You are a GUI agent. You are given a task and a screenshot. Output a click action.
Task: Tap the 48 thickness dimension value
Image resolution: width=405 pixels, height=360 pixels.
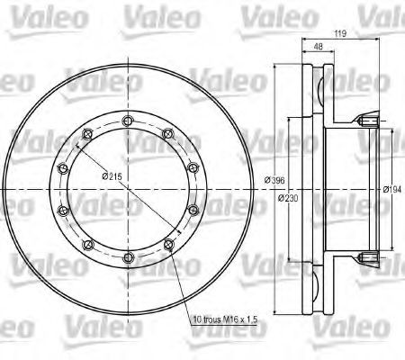tap(319, 49)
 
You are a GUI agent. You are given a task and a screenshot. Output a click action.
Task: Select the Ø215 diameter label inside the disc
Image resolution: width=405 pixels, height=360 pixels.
tap(114, 177)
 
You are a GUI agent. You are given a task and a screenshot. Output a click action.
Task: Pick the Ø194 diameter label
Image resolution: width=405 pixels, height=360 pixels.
tap(391, 189)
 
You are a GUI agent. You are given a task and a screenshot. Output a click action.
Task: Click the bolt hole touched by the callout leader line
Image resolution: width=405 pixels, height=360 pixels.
tap(166, 245)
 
